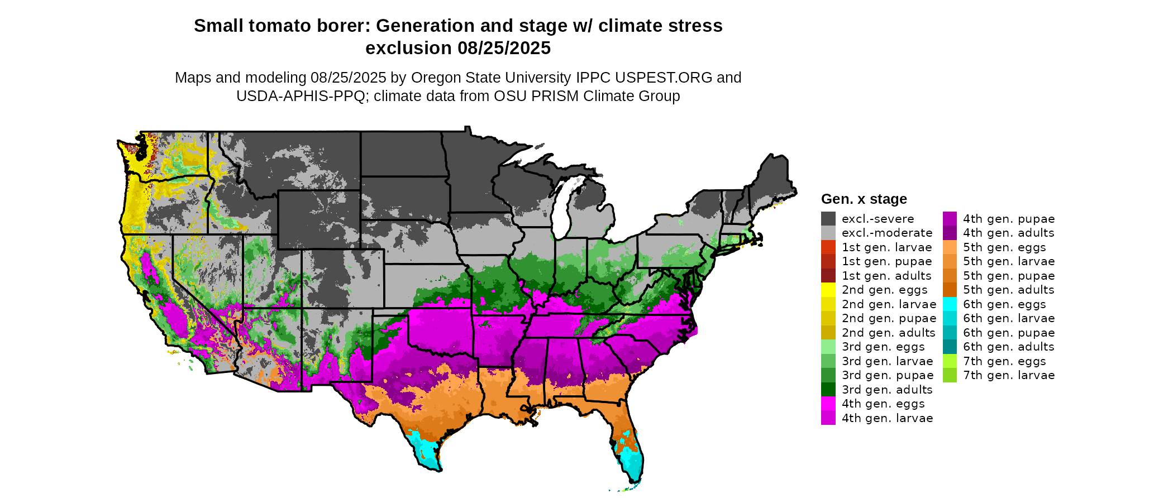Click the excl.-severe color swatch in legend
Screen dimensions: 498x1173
tap(828, 219)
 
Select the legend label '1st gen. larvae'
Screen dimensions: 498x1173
tap(886, 247)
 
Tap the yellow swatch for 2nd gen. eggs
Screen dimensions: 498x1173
tap(828, 290)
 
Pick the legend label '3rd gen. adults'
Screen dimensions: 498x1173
tap(887, 390)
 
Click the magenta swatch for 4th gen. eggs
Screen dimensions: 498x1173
tap(828, 404)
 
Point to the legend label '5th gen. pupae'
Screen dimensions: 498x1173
tap(1008, 276)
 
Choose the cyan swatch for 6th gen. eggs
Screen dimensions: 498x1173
tap(950, 304)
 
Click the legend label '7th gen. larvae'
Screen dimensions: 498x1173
tap(1008, 375)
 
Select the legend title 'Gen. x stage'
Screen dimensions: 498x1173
tap(864, 199)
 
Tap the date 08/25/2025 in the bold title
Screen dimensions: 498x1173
tap(504, 48)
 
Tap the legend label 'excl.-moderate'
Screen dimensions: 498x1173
tap(887, 233)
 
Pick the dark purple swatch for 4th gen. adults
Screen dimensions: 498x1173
tap(950, 233)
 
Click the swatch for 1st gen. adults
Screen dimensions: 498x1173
tap(828, 276)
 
